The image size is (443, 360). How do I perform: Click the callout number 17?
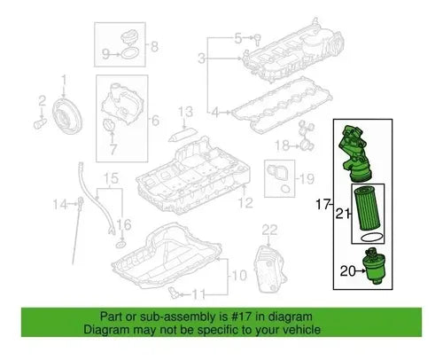(x=323, y=205)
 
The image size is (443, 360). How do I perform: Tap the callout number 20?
(x=347, y=271)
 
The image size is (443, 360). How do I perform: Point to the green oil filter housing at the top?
(x=355, y=153)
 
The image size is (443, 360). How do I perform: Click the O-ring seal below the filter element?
(x=371, y=237)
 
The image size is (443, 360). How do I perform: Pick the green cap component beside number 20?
(x=374, y=266)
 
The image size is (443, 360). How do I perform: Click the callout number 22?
(x=269, y=230)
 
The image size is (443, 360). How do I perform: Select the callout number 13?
(x=186, y=112)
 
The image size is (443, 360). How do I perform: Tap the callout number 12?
(x=245, y=203)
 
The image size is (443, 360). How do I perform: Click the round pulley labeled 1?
(x=67, y=116)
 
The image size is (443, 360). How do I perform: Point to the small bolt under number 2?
(x=40, y=123)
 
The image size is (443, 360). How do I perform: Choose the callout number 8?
(x=155, y=47)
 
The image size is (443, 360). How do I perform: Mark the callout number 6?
(x=155, y=121)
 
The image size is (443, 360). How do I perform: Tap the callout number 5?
(x=237, y=38)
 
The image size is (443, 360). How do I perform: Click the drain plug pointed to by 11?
(x=173, y=292)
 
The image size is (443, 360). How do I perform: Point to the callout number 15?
(x=112, y=178)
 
